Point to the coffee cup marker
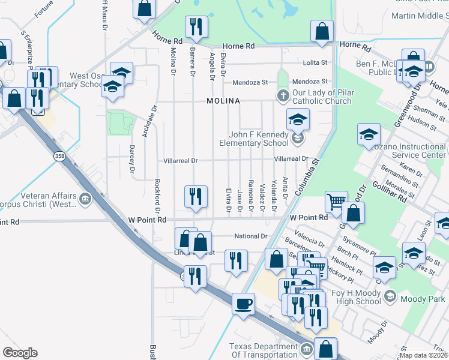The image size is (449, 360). pyautogui.click(x=243, y=303)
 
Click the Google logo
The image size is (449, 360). pyautogui.click(x=20, y=353)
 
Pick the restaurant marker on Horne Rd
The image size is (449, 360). pyautogui.click(x=196, y=26)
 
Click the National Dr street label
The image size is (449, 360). pyautogui.click(x=250, y=236)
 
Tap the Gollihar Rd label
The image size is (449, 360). pyautogui.click(x=389, y=180)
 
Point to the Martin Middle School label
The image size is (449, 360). pyautogui.click(x=417, y=16)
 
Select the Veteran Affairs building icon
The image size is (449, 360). pyautogui.click(x=85, y=197)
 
